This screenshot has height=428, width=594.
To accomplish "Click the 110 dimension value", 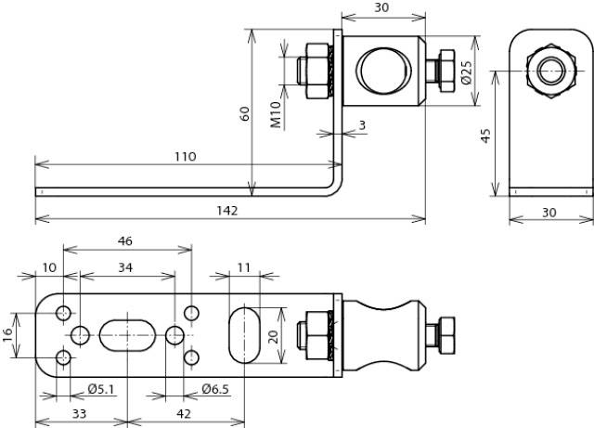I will [x=184, y=156].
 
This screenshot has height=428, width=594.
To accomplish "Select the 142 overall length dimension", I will [x=227, y=211].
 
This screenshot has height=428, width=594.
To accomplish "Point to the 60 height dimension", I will [x=245, y=113].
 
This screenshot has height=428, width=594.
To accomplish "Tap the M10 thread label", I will [x=276, y=115].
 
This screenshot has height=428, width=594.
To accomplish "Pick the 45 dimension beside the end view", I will [x=485, y=135].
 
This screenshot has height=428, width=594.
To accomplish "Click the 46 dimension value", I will [x=125, y=240].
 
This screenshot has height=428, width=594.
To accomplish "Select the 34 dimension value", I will [x=124, y=267].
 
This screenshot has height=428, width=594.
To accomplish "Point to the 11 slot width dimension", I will [x=243, y=267].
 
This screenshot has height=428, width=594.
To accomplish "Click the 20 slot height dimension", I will [x=274, y=335].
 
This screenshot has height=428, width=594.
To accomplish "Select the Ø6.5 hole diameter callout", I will [x=215, y=388].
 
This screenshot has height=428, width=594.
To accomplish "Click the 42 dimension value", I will [x=184, y=413].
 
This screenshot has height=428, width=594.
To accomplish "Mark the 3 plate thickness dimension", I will [x=362, y=124].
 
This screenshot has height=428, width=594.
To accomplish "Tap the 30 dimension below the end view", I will [x=549, y=213].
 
